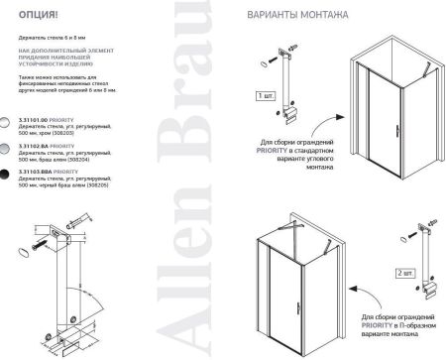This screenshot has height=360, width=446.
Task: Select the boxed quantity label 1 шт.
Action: [264, 96]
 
